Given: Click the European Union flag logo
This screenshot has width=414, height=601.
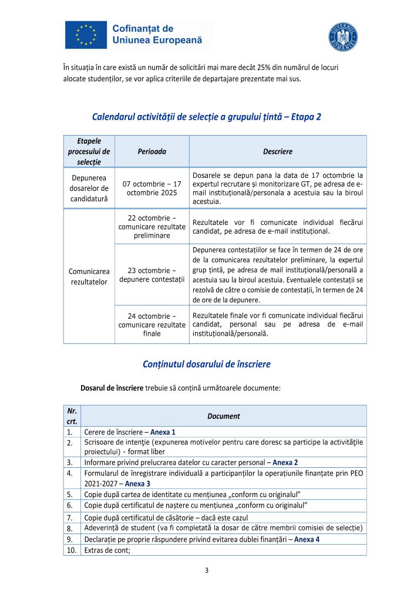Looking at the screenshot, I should click(86, 35).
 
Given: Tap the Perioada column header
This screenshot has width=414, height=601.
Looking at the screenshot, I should click(152, 151).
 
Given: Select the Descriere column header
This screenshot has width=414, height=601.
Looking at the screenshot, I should click(278, 151).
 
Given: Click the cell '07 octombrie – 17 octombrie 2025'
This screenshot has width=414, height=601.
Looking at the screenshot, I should click(152, 188).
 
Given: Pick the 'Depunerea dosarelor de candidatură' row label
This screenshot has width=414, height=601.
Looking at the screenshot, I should click(89, 188).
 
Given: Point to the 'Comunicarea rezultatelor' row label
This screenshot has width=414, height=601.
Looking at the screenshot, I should click(89, 277).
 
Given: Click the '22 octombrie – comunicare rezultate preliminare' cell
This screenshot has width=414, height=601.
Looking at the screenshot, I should click(152, 227).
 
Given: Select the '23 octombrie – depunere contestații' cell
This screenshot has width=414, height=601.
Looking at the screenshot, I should click(152, 274).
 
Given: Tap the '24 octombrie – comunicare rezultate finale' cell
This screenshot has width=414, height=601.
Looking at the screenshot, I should click(152, 325).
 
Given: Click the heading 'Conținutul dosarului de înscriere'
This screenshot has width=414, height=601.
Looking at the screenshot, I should click(207, 364).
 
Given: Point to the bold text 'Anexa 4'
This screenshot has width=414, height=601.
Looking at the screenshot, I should click(307, 539).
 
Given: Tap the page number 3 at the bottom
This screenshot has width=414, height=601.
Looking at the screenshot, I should click(207, 570).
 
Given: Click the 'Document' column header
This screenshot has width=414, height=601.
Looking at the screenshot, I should click(223, 416).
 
